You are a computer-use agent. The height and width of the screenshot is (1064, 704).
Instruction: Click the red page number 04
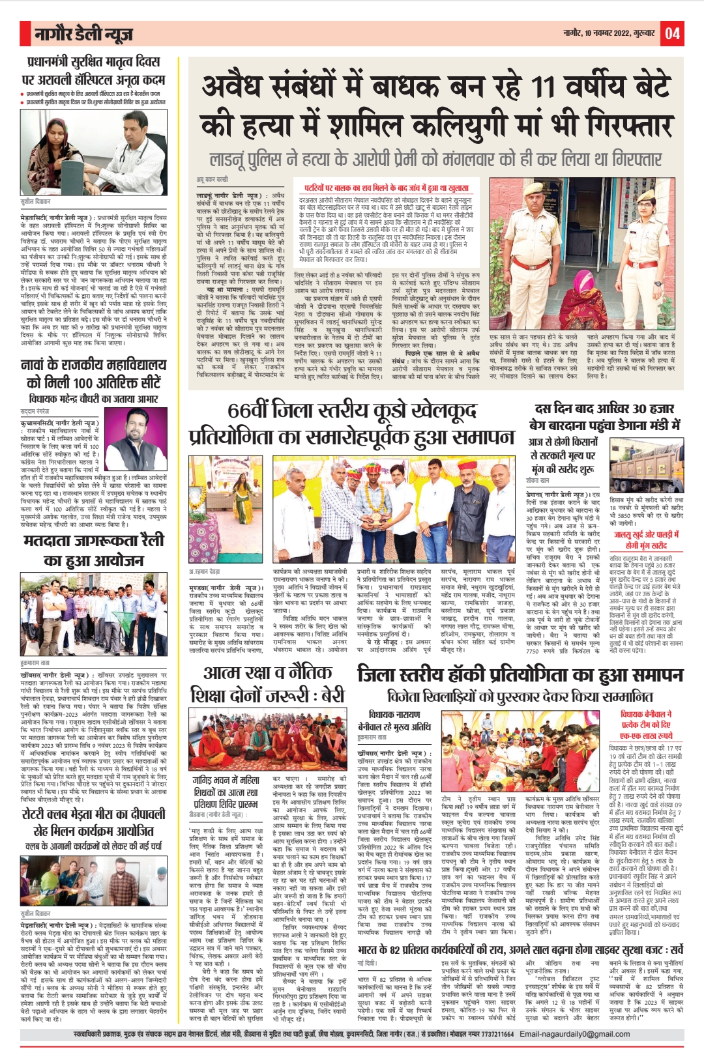[672, 33]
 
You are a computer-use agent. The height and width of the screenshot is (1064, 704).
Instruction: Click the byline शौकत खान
[538, 480]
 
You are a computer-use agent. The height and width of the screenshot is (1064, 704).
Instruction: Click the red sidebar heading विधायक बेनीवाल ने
[646, 715]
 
